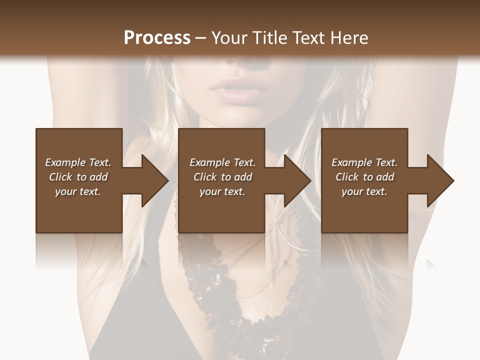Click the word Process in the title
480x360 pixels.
pos(157,38)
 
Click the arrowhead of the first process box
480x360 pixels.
pos(155,180)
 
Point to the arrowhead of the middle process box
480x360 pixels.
pos(298,180)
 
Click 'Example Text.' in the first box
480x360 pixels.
pos(78,162)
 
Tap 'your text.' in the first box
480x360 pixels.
pos(78,191)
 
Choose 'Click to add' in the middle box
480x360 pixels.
pos(222,177)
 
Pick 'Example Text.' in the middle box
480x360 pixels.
pos(222,162)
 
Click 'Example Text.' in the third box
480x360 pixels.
pos(364,162)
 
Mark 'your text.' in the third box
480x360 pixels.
pos(364,191)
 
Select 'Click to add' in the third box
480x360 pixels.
pos(364,177)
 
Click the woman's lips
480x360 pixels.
pos(234,90)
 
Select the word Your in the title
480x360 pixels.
pos(230,38)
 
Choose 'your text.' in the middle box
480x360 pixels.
pos(222,191)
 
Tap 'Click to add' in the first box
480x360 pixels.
pos(78,177)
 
